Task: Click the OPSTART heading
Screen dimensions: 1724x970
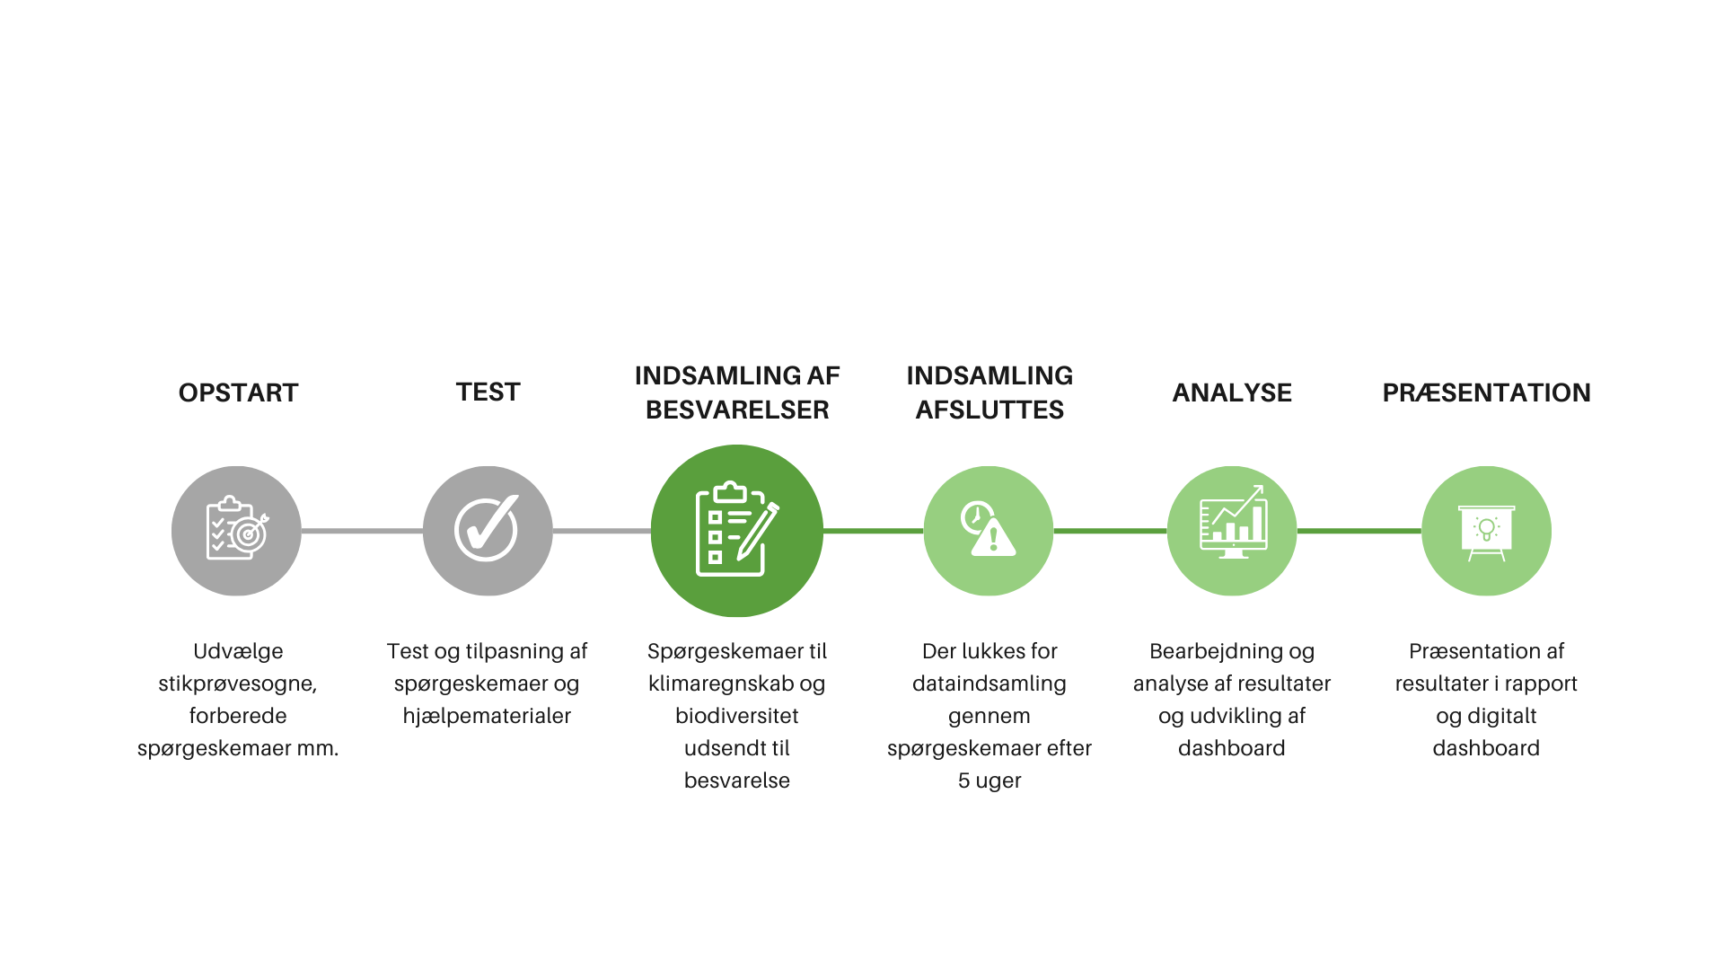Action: [238, 392]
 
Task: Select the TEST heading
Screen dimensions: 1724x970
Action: [488, 392]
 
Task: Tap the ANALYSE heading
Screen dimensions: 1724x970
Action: [1232, 392]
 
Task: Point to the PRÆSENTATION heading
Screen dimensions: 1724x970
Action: [1486, 392]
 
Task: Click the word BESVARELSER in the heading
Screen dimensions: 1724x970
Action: [737, 410]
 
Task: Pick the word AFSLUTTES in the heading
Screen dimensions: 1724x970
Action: [990, 410]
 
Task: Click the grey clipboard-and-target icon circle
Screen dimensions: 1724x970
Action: [236, 531]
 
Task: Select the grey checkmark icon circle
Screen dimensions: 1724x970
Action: [488, 531]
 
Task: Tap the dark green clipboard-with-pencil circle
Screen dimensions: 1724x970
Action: [737, 531]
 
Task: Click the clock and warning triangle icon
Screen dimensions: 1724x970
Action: [989, 530]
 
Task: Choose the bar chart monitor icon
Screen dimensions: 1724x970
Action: [1233, 523]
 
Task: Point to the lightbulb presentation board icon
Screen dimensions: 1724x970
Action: [1486, 533]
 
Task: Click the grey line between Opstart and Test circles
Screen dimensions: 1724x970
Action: [363, 531]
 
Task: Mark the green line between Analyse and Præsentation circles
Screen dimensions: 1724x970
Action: [1359, 531]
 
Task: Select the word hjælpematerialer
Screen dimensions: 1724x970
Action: [487, 716]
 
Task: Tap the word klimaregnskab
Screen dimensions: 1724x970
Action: [709, 684]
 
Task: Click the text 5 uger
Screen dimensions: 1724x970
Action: [990, 780]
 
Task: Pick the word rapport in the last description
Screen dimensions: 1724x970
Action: [1541, 684]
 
